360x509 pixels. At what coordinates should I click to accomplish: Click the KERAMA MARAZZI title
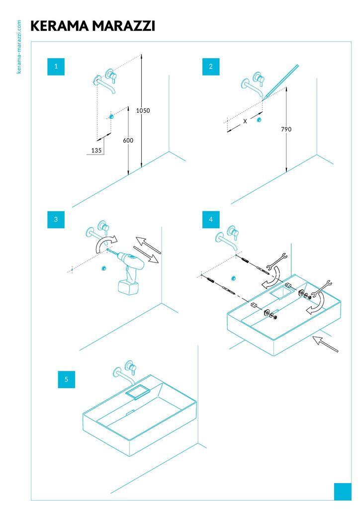(x=92, y=26)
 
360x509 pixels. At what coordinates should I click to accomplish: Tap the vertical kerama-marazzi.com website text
(x=19, y=47)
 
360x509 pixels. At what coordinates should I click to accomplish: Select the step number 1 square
(x=56, y=66)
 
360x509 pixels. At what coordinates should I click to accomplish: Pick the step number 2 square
(x=211, y=67)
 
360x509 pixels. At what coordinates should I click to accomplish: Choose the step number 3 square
(x=56, y=219)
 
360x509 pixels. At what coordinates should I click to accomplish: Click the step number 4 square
(x=211, y=219)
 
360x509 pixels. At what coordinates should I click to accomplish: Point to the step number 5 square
(x=66, y=379)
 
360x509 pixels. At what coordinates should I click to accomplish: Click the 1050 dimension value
(x=143, y=110)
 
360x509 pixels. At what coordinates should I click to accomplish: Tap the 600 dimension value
(x=128, y=141)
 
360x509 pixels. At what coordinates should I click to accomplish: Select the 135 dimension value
(x=96, y=150)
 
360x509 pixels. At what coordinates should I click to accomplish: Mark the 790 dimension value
(x=286, y=129)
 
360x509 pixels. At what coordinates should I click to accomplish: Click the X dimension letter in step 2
(x=245, y=121)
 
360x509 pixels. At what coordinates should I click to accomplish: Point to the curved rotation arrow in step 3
(x=104, y=243)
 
